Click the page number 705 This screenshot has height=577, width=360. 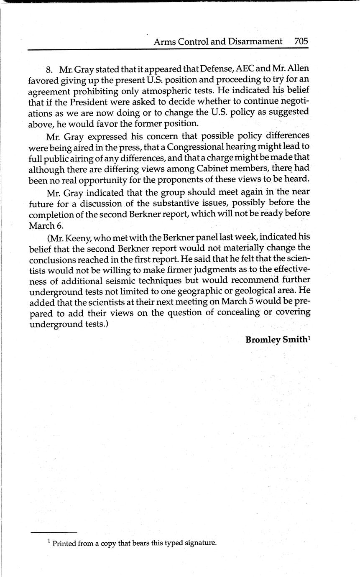pos(301,41)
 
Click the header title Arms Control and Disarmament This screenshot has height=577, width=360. pos(218,41)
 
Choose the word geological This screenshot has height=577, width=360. pos(244,291)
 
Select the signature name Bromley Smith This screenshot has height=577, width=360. pos(276,340)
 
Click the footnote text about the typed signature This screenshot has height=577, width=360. pos(134,543)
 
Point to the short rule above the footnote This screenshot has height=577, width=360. pos(54,532)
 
